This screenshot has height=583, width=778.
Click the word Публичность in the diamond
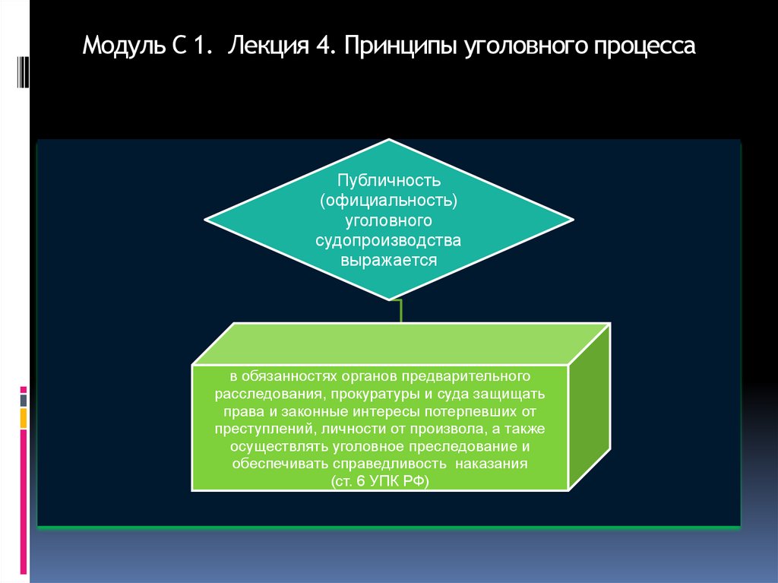coord(389,182)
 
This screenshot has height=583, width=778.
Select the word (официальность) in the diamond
coord(389,201)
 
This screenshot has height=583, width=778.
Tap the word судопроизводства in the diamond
coord(389,241)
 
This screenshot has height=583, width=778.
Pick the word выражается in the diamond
coord(389,260)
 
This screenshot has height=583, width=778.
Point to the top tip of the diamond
coord(390,141)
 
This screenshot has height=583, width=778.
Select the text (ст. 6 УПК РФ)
coord(380,482)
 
